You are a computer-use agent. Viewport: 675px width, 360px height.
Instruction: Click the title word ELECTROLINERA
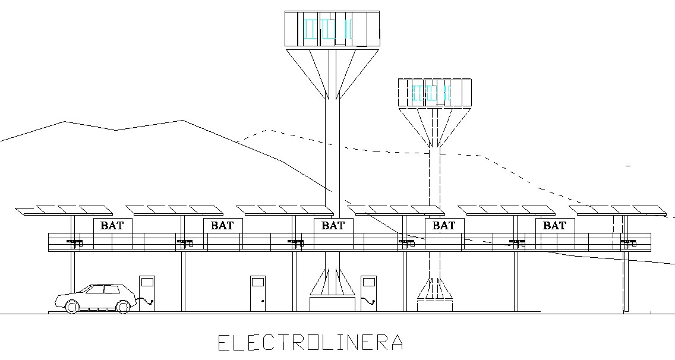310,343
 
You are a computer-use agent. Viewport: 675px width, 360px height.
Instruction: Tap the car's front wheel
71,307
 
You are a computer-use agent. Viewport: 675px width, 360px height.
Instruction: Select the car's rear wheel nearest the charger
123,307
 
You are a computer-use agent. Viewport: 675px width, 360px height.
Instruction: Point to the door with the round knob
258,293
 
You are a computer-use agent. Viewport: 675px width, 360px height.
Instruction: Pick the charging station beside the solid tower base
368,291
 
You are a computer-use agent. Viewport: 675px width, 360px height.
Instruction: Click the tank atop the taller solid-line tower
332,29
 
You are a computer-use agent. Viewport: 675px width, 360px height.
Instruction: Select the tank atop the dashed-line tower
434,93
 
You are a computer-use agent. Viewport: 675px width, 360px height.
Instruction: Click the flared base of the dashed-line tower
435,288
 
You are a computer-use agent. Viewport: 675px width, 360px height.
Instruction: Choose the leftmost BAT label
112,226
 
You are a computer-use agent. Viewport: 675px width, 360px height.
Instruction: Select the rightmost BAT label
554,226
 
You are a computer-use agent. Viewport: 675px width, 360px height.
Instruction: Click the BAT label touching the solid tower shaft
333,226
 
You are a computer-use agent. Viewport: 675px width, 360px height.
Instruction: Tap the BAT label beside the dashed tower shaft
444,226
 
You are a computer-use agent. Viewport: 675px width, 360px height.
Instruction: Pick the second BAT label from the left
222,226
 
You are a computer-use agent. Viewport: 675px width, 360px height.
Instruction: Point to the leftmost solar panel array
64,210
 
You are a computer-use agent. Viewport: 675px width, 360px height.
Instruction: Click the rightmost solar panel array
618,210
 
